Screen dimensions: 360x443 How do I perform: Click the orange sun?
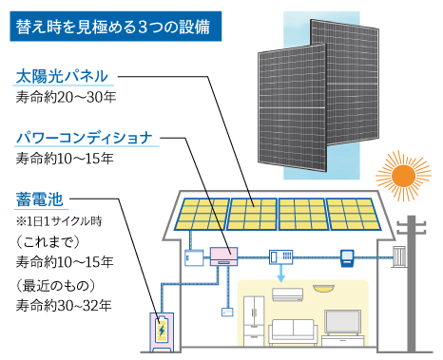398,176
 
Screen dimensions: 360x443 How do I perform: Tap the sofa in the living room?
293,332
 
